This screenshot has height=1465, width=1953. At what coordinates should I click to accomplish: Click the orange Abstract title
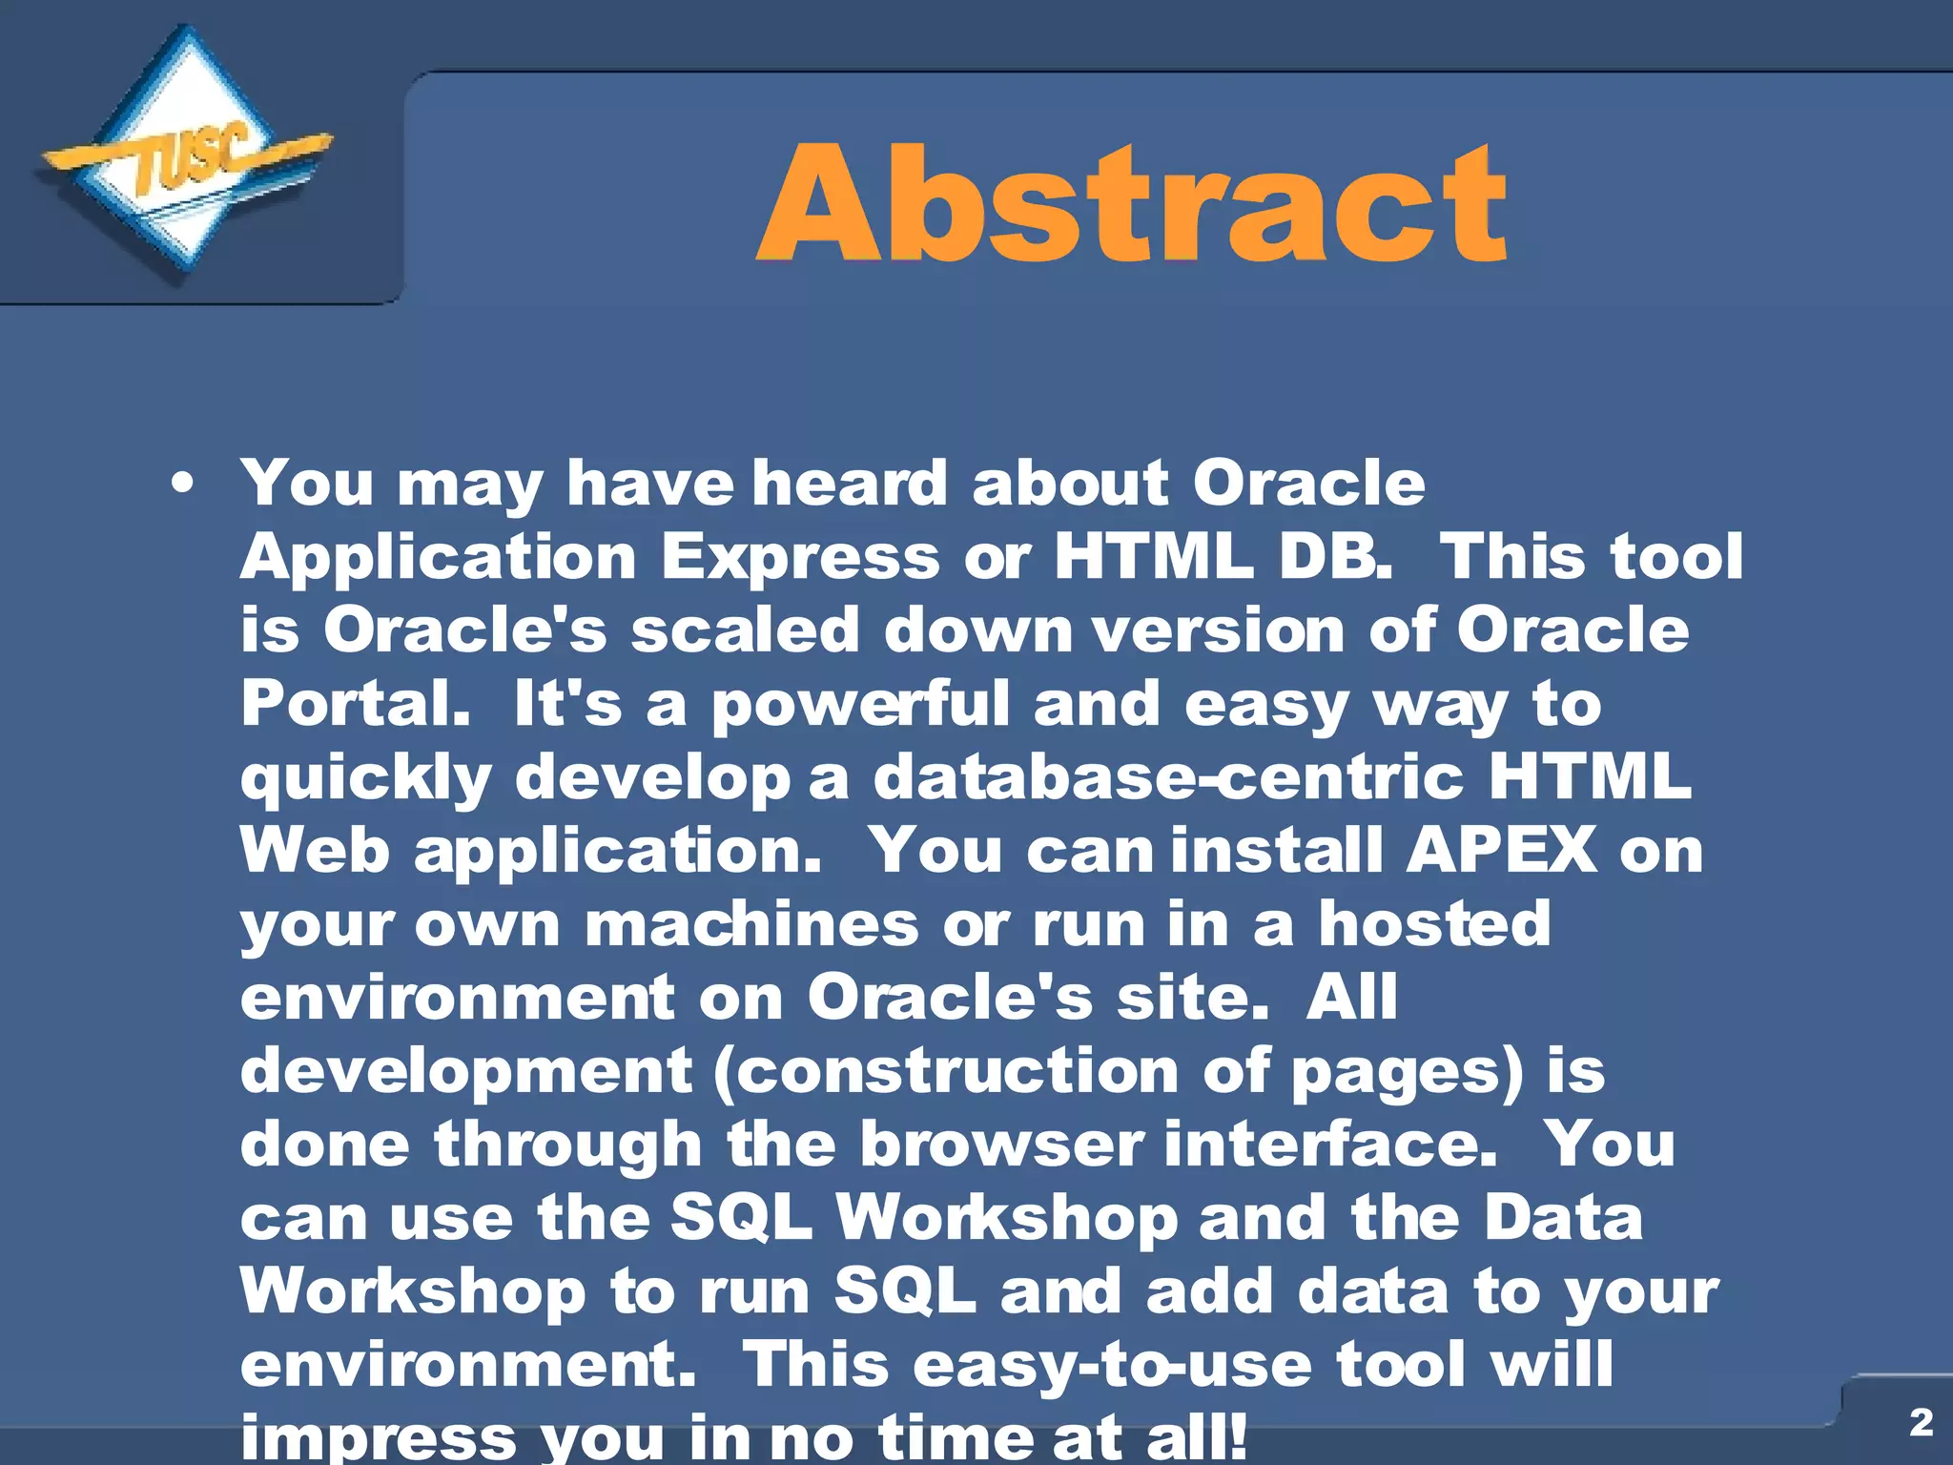[1131, 202]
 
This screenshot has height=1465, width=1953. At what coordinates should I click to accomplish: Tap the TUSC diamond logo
[186, 157]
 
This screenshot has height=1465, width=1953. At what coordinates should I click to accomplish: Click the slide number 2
[1921, 1422]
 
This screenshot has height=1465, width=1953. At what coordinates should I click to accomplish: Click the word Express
[800, 557]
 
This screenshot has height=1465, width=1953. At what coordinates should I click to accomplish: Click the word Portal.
[354, 704]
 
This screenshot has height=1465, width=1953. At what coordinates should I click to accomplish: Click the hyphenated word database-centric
[1167, 777]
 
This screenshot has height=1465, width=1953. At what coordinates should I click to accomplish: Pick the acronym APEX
[1500, 851]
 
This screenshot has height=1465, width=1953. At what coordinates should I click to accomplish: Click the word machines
[751, 924]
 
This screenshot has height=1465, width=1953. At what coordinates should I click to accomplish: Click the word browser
[1000, 1145]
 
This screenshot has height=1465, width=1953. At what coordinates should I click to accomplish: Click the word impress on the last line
[378, 1436]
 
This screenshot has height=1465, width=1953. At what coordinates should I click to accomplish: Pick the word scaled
[745, 630]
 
